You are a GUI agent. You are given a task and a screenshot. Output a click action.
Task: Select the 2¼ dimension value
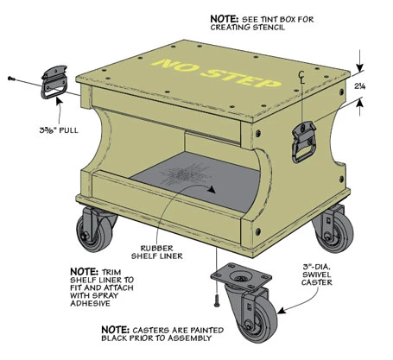pyautogui.click(x=359, y=85)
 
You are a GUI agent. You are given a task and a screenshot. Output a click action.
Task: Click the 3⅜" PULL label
pyautogui.click(x=59, y=130)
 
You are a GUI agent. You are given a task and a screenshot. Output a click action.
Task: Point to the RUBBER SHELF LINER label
pyautogui.click(x=157, y=252)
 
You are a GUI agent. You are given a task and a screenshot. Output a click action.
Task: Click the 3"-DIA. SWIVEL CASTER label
pyautogui.click(x=317, y=275)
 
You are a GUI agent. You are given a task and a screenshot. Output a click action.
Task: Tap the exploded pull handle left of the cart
pyautogui.click(x=54, y=82)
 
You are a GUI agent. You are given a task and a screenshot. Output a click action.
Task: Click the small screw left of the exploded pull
pyautogui.click(x=11, y=78)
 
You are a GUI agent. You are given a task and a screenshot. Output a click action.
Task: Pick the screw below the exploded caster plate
pyautogui.click(x=217, y=300)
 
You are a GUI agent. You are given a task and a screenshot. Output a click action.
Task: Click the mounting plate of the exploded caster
pyautogui.click(x=241, y=276)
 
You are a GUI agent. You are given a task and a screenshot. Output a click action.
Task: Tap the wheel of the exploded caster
pyautogui.click(x=257, y=319)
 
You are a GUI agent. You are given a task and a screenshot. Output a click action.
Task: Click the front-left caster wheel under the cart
pyautogui.click(x=94, y=231)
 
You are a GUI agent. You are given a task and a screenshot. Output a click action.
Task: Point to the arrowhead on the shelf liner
pyautogui.click(x=212, y=189)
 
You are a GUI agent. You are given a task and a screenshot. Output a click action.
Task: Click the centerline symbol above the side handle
pyautogui.click(x=301, y=77)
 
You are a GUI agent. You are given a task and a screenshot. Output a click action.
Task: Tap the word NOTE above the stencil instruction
pyautogui.click(x=225, y=19)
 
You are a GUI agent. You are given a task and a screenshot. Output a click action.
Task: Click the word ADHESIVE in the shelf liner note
pyautogui.click(x=90, y=303)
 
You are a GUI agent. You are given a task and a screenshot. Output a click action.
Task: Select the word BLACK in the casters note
pyautogui.click(x=114, y=338)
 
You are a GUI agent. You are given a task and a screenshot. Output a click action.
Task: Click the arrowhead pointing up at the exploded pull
pyautogui.click(x=59, y=100)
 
